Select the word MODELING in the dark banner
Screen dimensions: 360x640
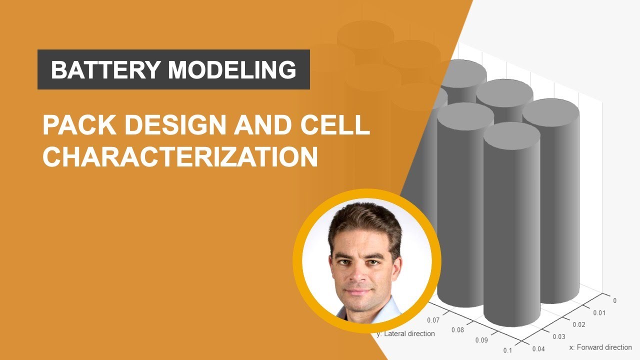232,70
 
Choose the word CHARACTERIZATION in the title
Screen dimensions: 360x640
180,156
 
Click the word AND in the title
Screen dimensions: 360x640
261,125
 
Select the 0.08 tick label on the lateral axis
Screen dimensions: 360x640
457,330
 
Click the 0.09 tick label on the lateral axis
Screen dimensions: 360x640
481,340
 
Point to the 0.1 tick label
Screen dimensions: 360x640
508,350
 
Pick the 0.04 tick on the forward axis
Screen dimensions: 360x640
539,348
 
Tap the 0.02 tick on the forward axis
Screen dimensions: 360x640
578,324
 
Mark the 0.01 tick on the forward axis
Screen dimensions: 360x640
598,313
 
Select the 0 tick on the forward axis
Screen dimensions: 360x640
614,300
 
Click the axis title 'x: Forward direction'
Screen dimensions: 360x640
600,347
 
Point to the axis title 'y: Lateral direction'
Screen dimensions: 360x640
406,333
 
